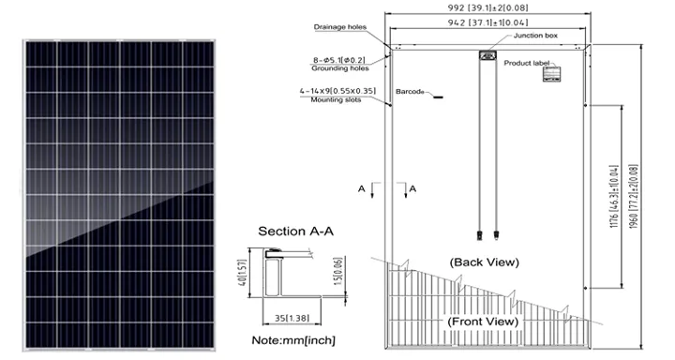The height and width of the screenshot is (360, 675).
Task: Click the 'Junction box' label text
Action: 534,36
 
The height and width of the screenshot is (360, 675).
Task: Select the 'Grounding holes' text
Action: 340,68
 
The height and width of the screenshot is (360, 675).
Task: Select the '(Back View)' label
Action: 483,262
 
